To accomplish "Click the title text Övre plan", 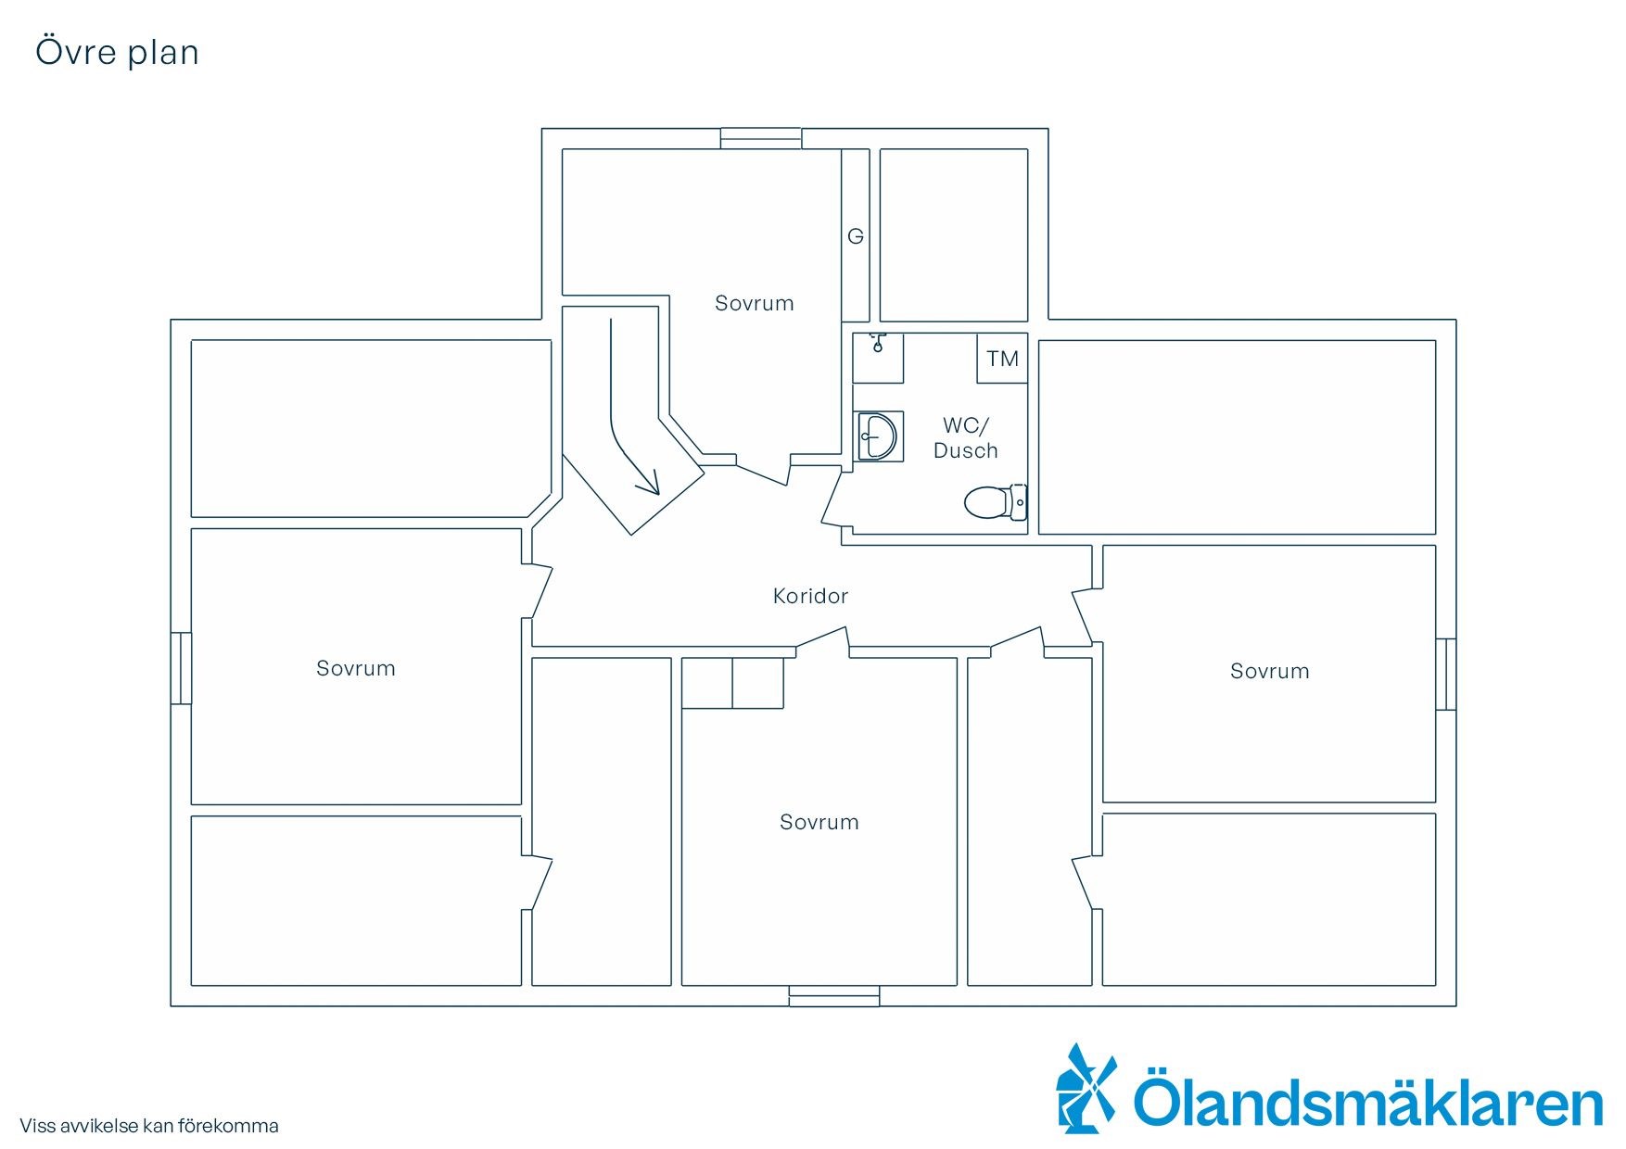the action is [x=117, y=53].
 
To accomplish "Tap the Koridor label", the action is [x=810, y=596].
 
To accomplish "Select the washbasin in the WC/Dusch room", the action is [x=876, y=436].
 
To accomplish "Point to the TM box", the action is [x=1002, y=359].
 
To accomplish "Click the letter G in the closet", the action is [x=856, y=236].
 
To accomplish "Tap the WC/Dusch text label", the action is [x=966, y=438].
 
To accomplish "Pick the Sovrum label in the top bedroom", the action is [x=754, y=303].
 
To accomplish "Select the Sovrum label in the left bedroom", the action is [x=355, y=668].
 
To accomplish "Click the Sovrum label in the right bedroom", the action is [x=1269, y=671].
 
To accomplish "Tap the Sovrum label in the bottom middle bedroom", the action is [x=819, y=822].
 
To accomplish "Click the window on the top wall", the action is [x=761, y=138].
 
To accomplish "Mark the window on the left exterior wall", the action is [x=181, y=668].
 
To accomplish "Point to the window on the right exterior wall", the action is [x=1445, y=675].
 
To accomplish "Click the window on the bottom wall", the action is [x=834, y=996].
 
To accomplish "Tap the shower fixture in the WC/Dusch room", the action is [x=878, y=358].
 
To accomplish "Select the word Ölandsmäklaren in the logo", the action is [x=1368, y=1099].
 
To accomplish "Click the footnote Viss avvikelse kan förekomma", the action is [x=149, y=1126].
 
